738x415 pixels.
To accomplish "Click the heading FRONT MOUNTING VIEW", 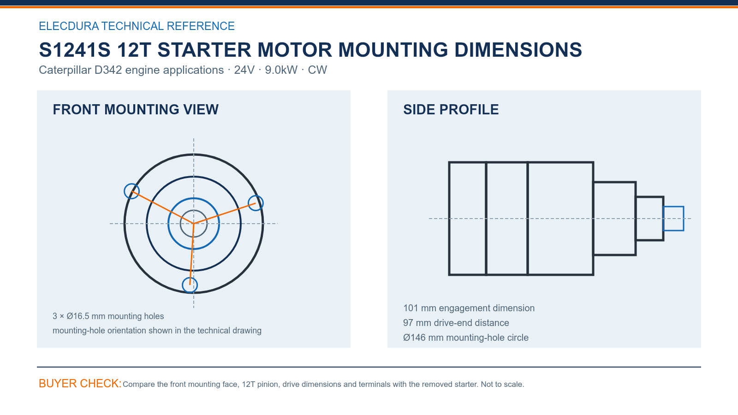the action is pyautogui.click(x=136, y=110).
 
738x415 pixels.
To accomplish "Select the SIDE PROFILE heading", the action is pyautogui.click(x=451, y=110).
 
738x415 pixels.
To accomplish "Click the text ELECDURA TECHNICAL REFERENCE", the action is pyautogui.click(x=137, y=26).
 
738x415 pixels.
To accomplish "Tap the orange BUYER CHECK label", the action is pyautogui.click(x=80, y=383).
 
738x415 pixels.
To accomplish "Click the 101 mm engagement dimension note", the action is pyautogui.click(x=469, y=308).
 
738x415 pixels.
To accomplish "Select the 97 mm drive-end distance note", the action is pyautogui.click(x=456, y=323).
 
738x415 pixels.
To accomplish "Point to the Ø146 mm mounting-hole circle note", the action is pyautogui.click(x=466, y=338).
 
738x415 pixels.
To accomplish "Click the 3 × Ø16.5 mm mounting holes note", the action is pyautogui.click(x=108, y=316).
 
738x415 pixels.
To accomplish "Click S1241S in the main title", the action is pyautogui.click(x=75, y=50).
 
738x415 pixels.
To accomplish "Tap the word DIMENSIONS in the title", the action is pyautogui.click(x=518, y=50).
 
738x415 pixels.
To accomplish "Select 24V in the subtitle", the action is pyautogui.click(x=244, y=70).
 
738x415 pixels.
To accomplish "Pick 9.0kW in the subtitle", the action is pyautogui.click(x=281, y=70).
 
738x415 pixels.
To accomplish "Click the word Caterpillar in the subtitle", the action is pyautogui.click(x=65, y=70).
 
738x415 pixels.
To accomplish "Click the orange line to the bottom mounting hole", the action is pyautogui.click(x=192, y=254).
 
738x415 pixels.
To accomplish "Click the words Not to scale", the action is pyautogui.click(x=502, y=385).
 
